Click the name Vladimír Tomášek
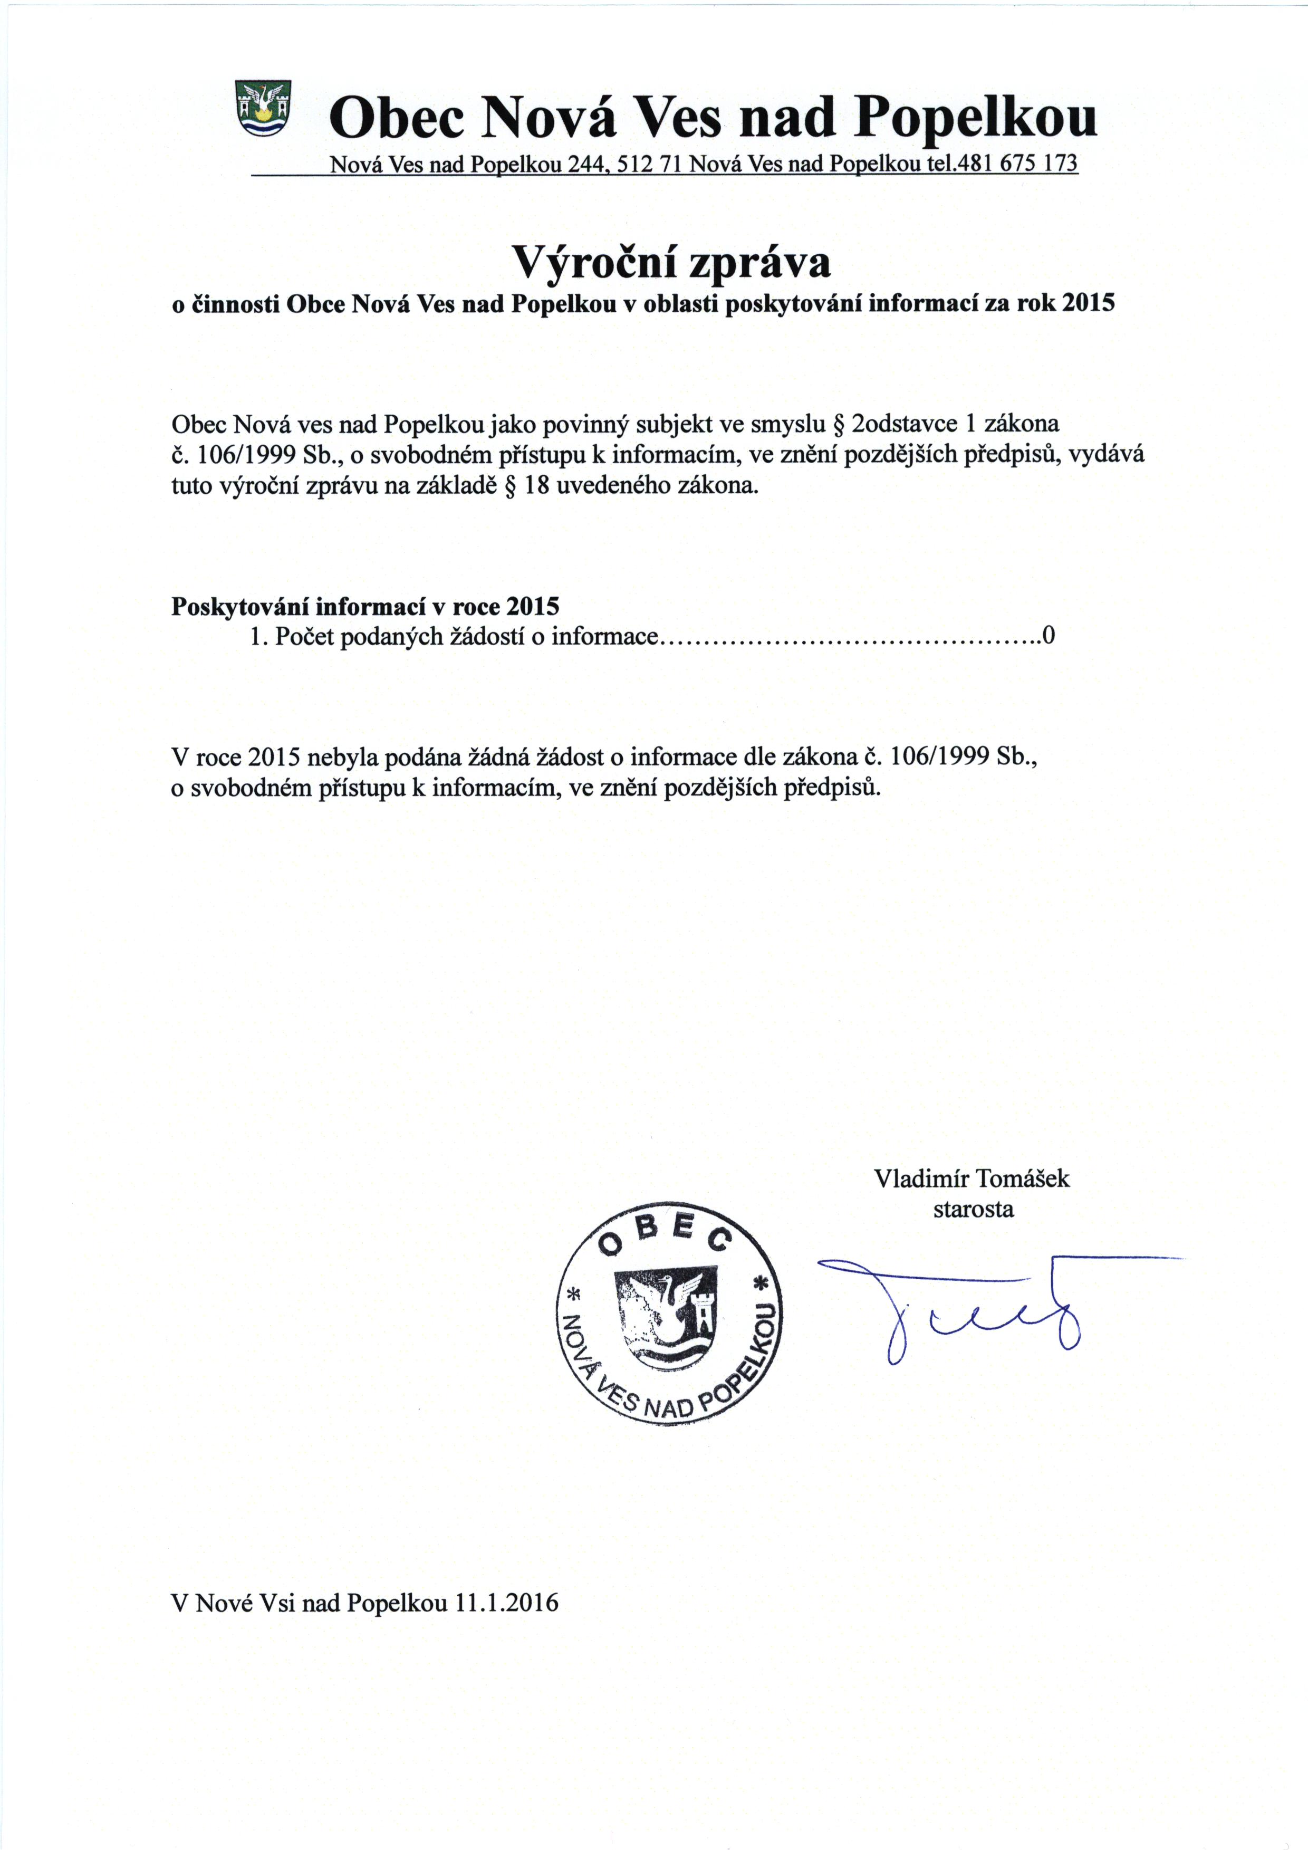pyautogui.click(x=972, y=1179)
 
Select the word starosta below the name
pyautogui.click(x=973, y=1210)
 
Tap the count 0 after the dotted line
pyautogui.click(x=1048, y=637)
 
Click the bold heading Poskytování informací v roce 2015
pyautogui.click(x=365, y=606)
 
